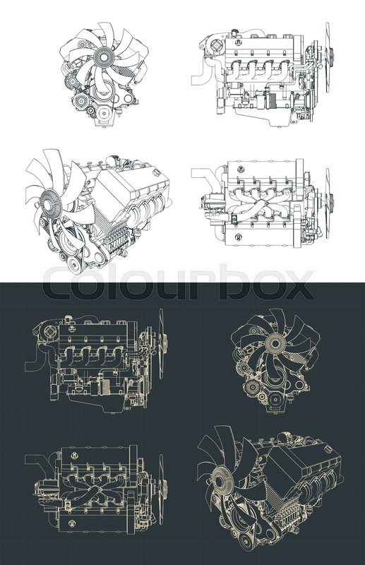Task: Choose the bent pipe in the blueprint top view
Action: pyautogui.click(x=35, y=463)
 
